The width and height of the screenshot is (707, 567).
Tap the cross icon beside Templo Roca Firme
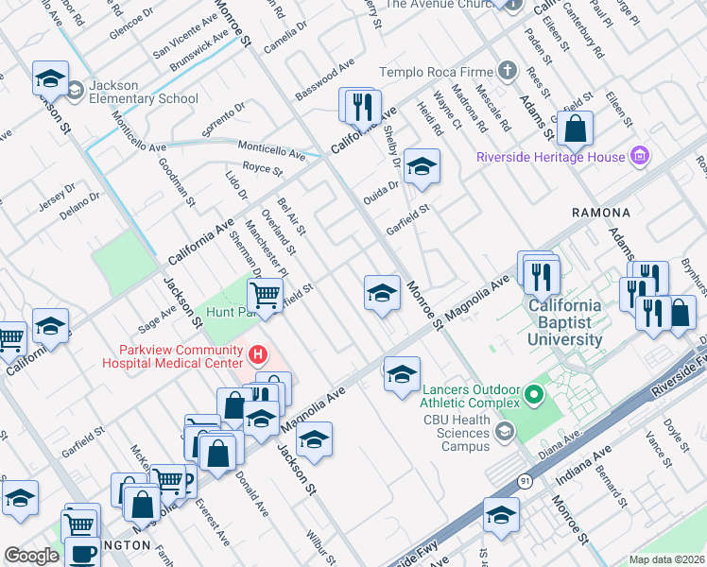point(508,71)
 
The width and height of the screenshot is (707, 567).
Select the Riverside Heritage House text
point(551,157)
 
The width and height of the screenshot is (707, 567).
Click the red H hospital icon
point(258,355)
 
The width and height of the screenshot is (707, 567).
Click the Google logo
point(31,556)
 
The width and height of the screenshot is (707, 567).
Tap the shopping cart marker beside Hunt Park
point(266,296)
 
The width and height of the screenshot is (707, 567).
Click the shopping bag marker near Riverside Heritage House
point(575,129)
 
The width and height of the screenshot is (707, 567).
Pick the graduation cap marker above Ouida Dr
point(422,168)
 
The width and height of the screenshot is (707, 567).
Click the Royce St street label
point(263,169)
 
